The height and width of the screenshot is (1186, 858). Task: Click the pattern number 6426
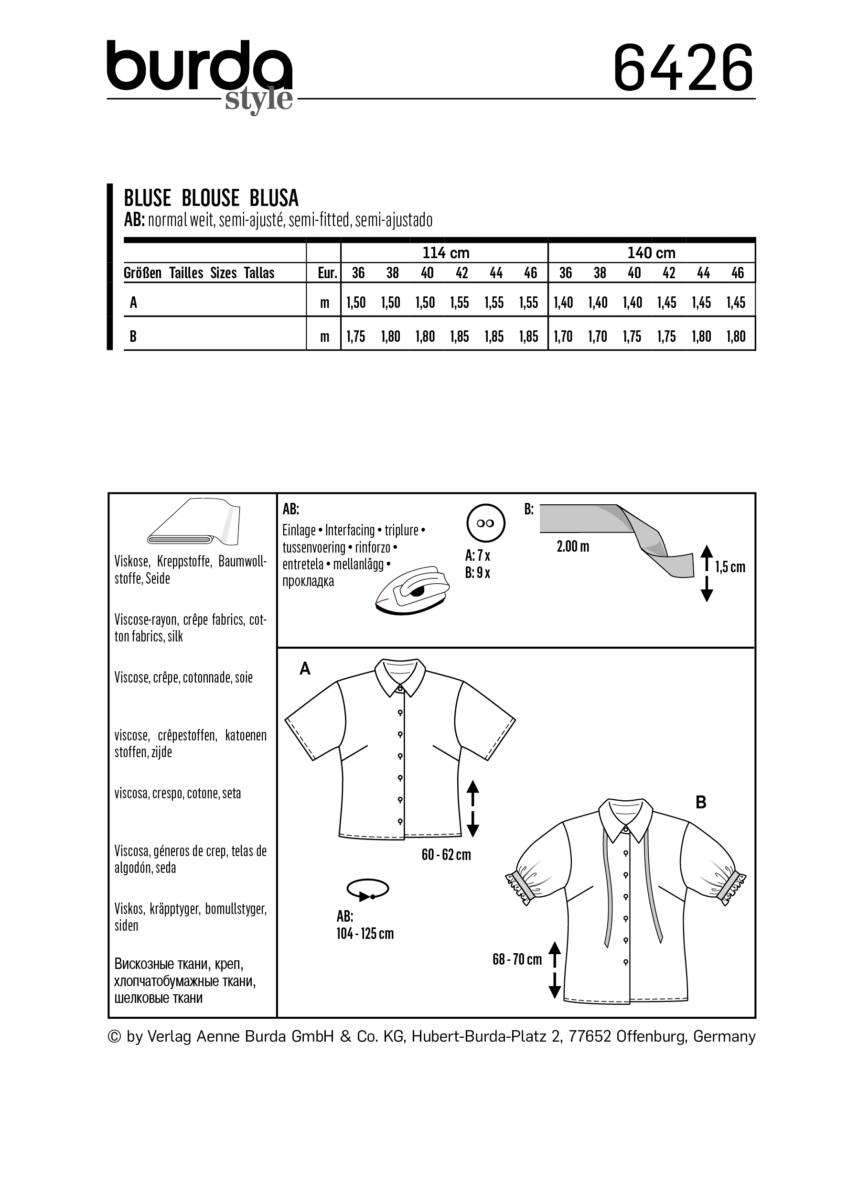(x=683, y=67)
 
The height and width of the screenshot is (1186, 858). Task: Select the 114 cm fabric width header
(x=445, y=253)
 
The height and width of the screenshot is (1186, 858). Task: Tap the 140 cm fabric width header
(x=651, y=253)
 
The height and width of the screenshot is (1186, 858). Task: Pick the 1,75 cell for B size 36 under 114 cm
(x=356, y=337)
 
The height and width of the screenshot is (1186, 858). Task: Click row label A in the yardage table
(x=134, y=303)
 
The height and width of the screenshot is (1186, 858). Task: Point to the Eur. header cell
(x=328, y=273)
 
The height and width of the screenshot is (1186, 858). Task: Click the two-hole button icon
(x=485, y=523)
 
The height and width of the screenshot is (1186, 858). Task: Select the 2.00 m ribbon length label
(x=573, y=547)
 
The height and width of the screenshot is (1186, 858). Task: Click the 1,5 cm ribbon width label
(x=730, y=567)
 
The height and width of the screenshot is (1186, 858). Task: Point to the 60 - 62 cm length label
(x=446, y=854)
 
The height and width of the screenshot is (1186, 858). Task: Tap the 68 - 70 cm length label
(x=517, y=959)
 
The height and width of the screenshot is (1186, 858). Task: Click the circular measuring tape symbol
(x=367, y=889)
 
